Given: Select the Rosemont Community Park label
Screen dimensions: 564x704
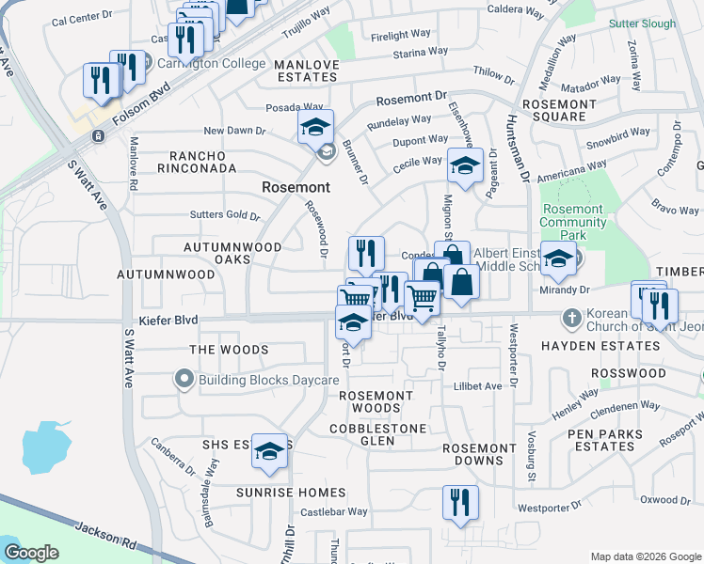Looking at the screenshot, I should pos(572,222).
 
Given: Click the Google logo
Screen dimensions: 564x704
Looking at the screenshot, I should pos(31,553).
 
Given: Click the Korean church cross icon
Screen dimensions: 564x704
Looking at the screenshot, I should pos(568,319).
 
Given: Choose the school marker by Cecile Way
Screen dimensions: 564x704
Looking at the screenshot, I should pos(463,164).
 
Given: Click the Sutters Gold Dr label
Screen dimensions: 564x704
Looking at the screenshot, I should pos(225,215).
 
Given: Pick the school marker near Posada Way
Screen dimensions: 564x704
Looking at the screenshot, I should pos(315,126).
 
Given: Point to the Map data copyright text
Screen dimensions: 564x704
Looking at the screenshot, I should pos(645,556).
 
